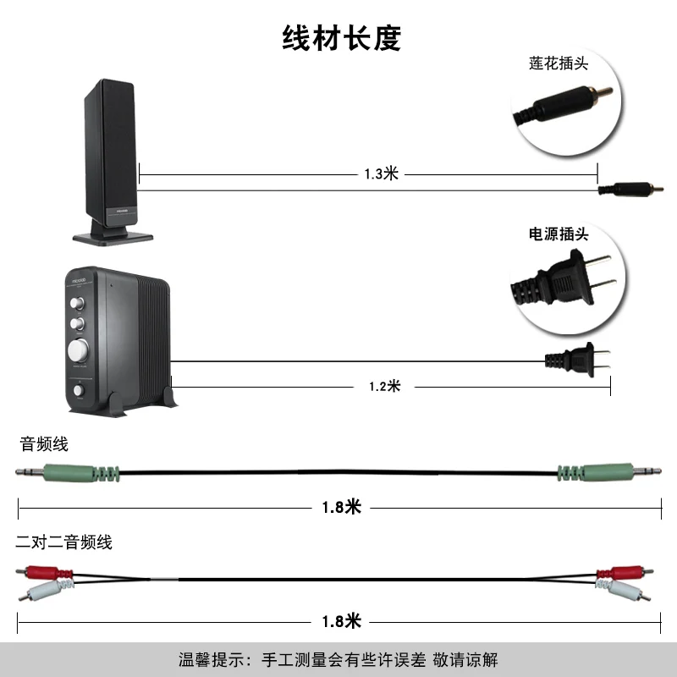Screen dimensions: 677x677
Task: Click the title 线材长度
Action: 342,38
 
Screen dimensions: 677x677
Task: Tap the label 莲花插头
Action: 559,63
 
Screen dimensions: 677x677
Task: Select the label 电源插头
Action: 559,234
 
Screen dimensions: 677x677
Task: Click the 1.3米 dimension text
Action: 382,174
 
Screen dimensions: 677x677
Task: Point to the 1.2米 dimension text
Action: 385,386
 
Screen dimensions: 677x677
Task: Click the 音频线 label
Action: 44,443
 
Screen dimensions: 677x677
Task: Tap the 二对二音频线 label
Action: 64,542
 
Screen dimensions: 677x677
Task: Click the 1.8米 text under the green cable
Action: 342,507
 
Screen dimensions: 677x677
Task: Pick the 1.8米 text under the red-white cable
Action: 342,621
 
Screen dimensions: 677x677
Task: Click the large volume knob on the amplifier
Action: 78,350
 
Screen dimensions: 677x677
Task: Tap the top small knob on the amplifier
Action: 77,303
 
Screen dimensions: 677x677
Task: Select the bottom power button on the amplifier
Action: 78,390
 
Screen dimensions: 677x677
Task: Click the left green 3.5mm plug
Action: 68,473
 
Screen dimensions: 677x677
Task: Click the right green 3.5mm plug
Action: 608,472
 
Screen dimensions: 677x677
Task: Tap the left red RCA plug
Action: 44,573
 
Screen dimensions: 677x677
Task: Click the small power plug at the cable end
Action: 578,359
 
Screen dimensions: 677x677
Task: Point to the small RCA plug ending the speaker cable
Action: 630,189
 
